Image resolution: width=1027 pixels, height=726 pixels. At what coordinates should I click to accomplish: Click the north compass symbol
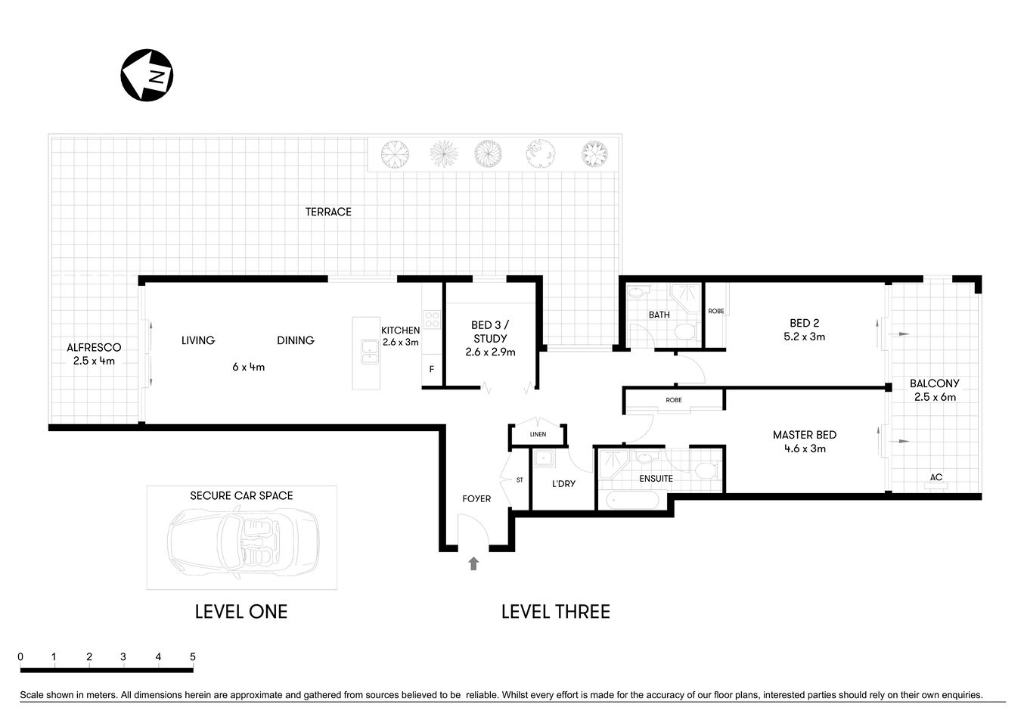(x=147, y=76)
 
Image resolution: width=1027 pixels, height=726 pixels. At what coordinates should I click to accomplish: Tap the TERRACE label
(x=328, y=212)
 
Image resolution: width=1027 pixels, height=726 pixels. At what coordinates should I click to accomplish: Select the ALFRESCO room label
(x=94, y=348)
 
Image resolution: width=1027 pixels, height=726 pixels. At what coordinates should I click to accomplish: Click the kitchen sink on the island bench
(x=370, y=352)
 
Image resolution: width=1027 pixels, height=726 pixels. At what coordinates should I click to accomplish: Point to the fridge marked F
(x=431, y=370)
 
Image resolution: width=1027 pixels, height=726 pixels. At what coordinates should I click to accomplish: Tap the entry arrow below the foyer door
(x=473, y=563)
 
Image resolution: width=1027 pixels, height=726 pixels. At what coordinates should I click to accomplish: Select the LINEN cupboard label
(x=538, y=435)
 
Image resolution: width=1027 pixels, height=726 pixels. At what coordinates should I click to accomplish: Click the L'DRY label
(x=563, y=483)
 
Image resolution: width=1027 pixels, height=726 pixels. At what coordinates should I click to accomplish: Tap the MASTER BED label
(x=804, y=435)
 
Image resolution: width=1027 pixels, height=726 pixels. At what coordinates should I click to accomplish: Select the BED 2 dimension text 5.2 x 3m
(x=804, y=337)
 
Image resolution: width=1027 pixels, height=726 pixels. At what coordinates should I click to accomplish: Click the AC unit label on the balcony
(x=935, y=477)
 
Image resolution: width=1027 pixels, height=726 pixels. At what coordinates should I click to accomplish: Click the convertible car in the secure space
(x=242, y=542)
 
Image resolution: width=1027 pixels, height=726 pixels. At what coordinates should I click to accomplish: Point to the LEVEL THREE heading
(x=555, y=612)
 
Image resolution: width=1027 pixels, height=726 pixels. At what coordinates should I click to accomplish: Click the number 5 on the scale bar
(x=193, y=656)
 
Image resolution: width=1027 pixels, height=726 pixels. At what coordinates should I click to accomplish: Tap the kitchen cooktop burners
(x=432, y=319)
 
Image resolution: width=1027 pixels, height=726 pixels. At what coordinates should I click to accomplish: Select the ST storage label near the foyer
(x=520, y=480)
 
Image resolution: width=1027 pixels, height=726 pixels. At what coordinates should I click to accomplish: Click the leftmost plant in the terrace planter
(x=394, y=154)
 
